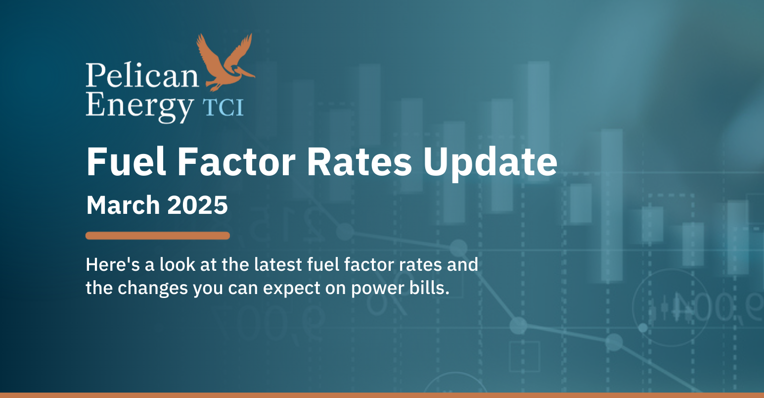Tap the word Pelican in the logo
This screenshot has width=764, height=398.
(141, 75)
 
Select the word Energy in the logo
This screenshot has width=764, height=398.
(139, 105)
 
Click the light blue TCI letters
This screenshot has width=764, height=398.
(224, 107)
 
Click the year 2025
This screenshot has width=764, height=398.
(198, 205)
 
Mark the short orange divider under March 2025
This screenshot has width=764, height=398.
(157, 236)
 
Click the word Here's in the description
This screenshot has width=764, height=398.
(112, 265)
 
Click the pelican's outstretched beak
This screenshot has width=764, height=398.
(246, 74)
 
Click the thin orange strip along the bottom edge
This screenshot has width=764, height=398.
(382, 395)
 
